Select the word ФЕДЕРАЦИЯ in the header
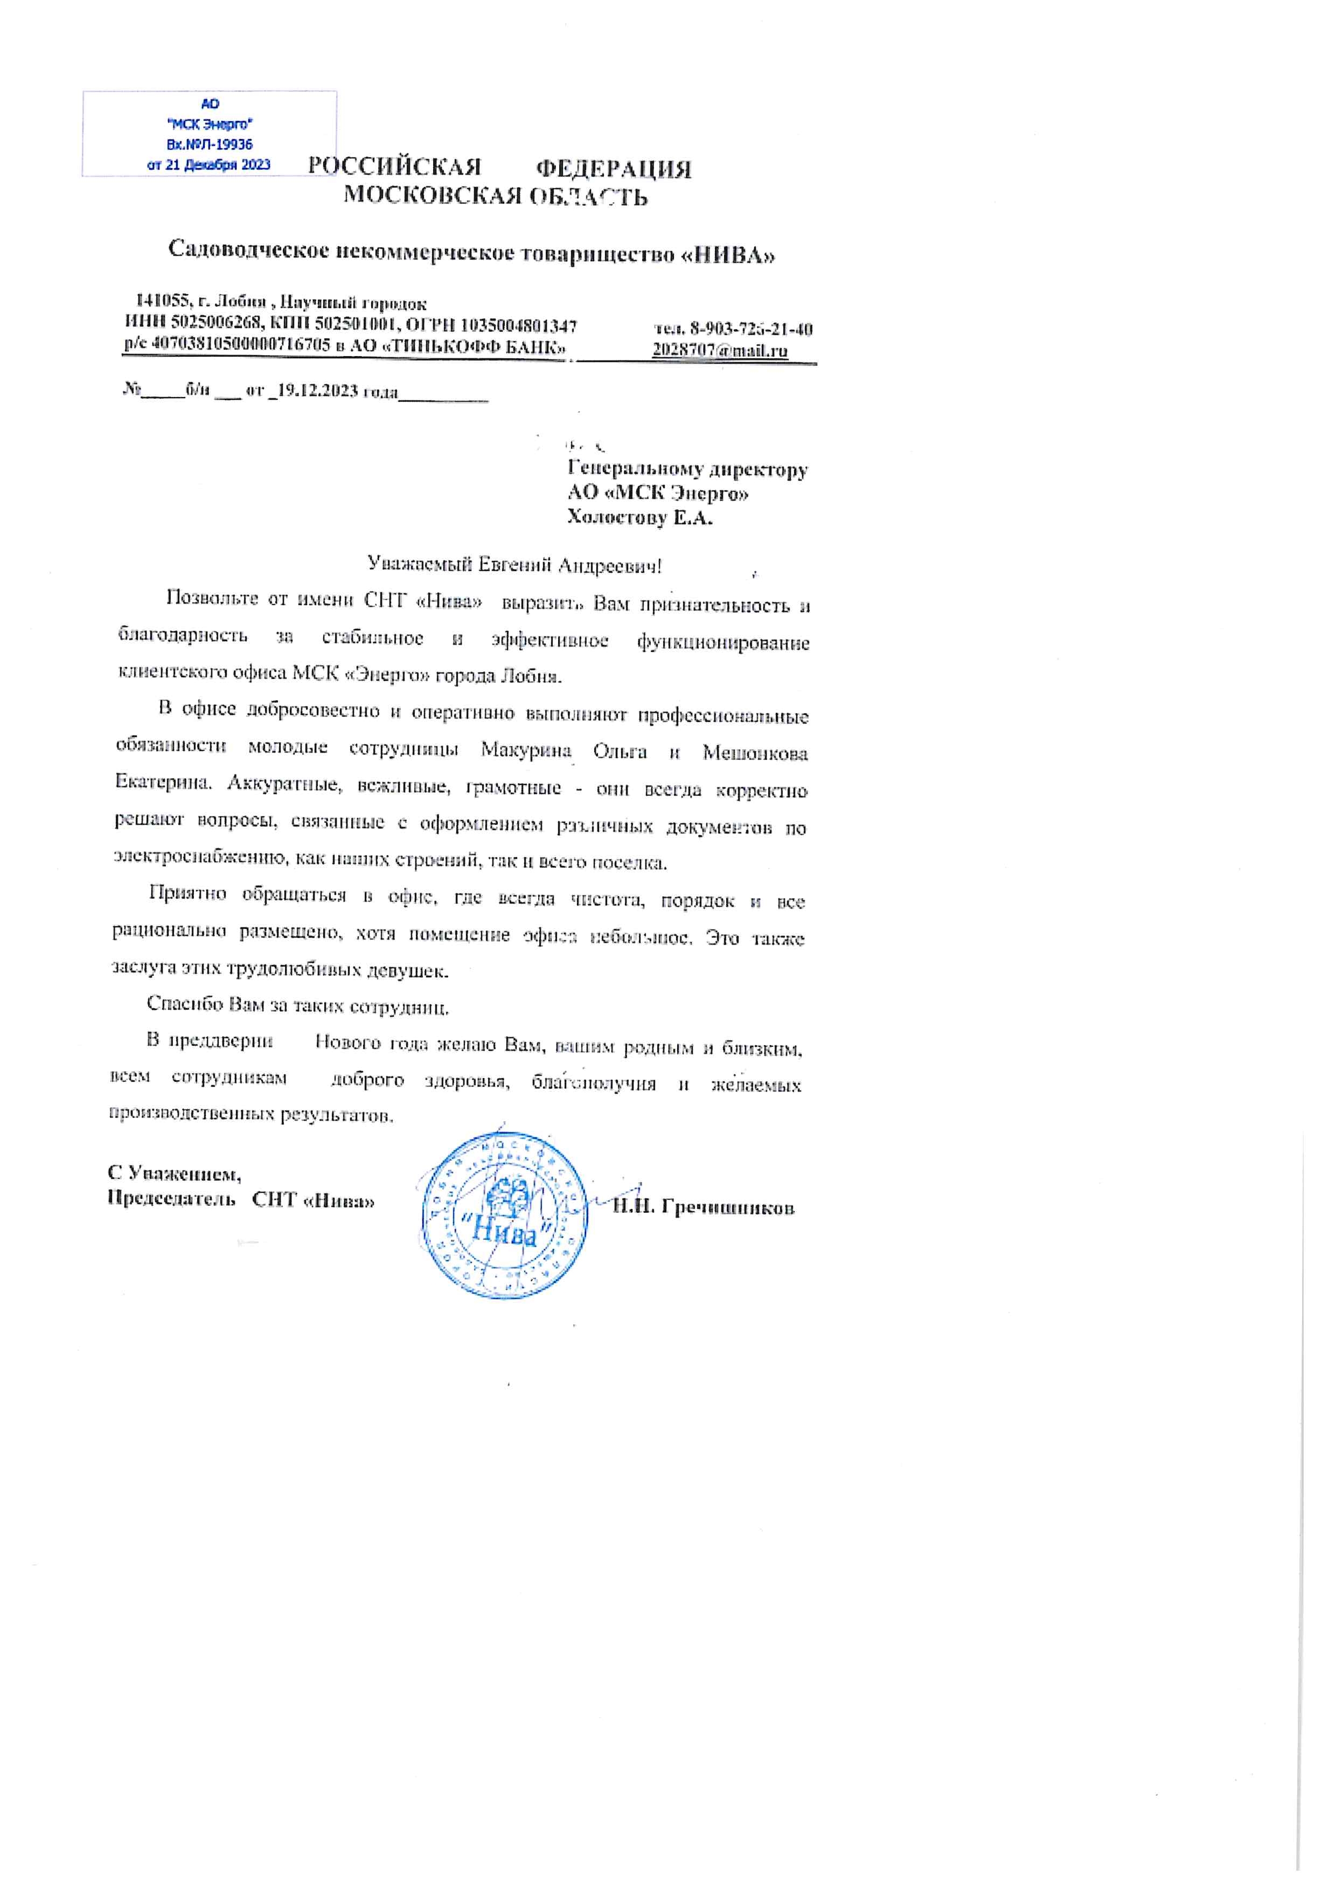point(614,170)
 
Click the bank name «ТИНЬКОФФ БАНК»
point(472,346)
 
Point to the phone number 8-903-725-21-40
point(751,330)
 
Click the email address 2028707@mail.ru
point(720,350)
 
